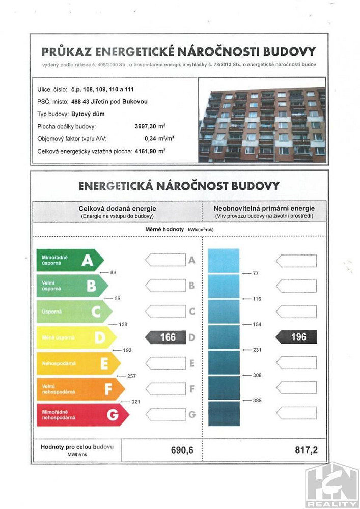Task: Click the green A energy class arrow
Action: click(x=69, y=261)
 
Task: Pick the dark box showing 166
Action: click(x=166, y=337)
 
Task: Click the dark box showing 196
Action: click(x=296, y=337)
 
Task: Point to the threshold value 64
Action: click(x=113, y=273)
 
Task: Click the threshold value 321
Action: click(x=135, y=402)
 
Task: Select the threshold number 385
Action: click(x=257, y=401)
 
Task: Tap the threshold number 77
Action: click(x=256, y=274)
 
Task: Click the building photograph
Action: click(x=262, y=120)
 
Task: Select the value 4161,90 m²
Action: click(x=150, y=151)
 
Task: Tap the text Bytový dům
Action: click(x=84, y=114)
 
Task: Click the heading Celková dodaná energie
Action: click(x=117, y=208)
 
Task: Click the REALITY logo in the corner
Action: click(x=331, y=486)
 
